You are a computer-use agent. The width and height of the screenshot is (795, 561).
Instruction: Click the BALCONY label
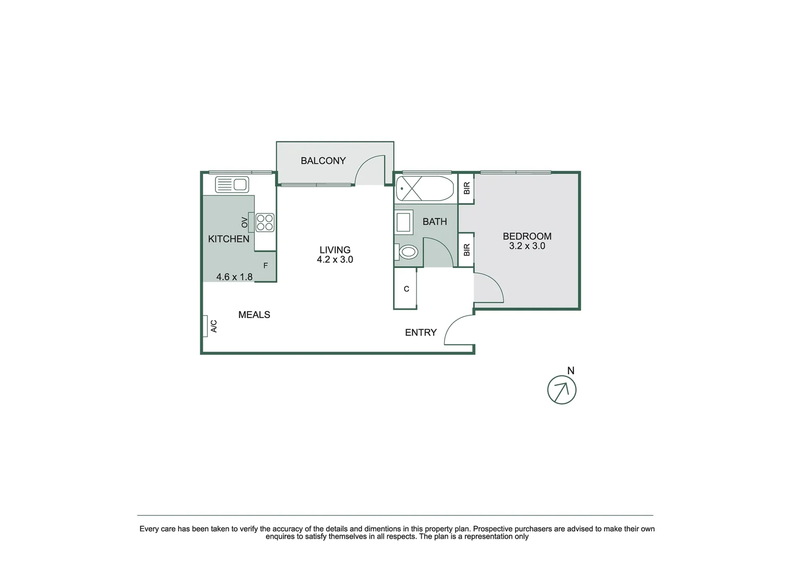click(323, 161)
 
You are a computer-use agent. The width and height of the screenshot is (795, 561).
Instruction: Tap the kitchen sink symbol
click(232, 184)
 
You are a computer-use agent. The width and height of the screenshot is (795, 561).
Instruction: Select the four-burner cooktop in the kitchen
click(265, 222)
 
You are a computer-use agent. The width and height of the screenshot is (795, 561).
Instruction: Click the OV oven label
click(244, 222)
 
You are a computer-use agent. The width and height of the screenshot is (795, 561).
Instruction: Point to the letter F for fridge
click(265, 266)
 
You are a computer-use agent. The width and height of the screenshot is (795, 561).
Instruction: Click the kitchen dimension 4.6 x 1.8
click(234, 277)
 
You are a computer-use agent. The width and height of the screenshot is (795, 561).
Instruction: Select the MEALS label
click(254, 315)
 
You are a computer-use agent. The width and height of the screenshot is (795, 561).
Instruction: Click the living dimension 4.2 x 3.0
click(335, 260)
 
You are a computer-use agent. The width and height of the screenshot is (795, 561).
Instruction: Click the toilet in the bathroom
click(407, 252)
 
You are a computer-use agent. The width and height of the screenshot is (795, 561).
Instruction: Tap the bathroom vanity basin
click(404, 222)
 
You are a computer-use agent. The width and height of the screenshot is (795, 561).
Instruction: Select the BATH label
click(435, 222)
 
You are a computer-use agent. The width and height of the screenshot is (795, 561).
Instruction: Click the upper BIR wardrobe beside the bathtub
click(466, 188)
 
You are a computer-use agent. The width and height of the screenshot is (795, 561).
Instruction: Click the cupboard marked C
click(406, 289)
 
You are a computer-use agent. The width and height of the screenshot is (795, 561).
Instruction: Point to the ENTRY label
click(421, 332)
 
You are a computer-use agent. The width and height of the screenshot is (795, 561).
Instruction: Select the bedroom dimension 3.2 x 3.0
click(527, 246)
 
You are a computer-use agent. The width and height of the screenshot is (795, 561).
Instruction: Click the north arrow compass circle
click(562, 390)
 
